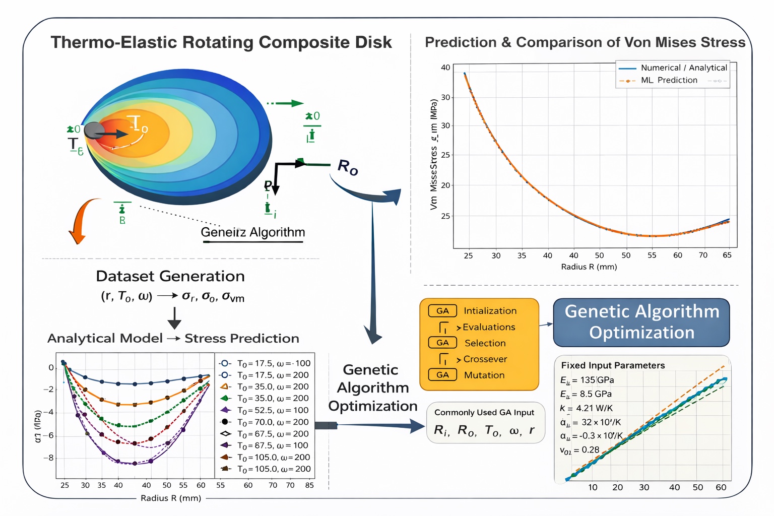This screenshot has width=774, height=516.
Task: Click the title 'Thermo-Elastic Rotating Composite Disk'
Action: [221, 42]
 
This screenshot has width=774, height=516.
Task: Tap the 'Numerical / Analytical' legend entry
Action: [683, 68]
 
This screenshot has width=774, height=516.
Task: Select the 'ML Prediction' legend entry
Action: [669, 80]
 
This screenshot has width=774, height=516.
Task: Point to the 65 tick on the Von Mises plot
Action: [727, 255]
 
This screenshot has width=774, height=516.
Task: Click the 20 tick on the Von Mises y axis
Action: [445, 185]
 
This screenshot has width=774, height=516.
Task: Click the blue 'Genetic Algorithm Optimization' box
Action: [641, 322]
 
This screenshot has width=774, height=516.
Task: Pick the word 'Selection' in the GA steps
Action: [485, 343]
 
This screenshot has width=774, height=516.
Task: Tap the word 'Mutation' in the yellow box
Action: [484, 375]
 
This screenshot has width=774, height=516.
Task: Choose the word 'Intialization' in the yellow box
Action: [490, 311]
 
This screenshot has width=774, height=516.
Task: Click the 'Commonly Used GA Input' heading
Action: [484, 412]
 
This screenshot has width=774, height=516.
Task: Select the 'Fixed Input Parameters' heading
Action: [613, 365]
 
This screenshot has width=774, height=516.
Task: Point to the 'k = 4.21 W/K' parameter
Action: [586, 408]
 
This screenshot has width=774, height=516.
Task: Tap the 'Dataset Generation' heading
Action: [170, 276]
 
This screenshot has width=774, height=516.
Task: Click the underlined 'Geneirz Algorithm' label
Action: [252, 232]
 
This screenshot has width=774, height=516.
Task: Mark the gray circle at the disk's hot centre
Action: [94, 131]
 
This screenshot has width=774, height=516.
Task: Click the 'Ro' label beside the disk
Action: [347, 167]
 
